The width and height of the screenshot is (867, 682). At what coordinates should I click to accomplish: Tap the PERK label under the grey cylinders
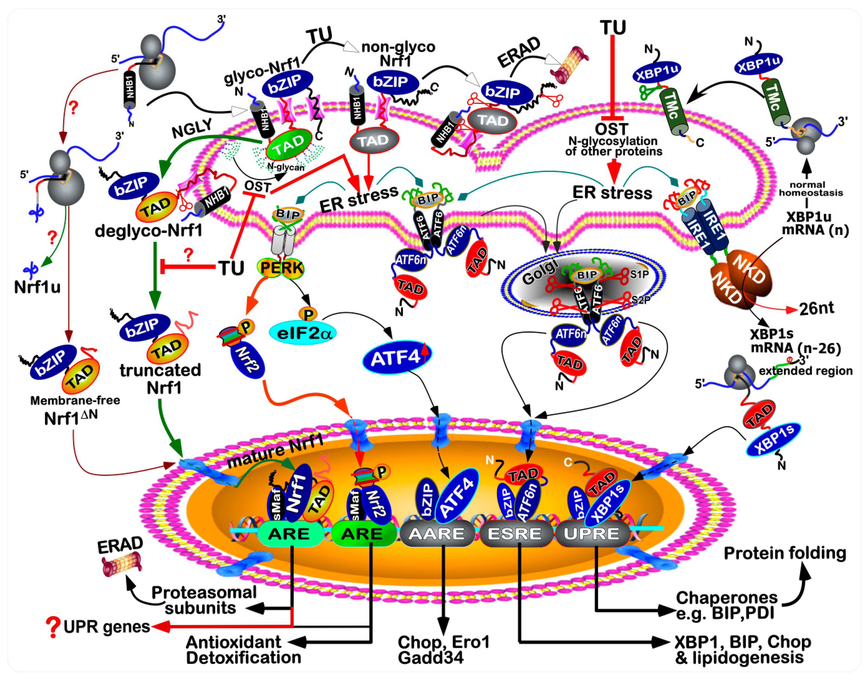[281, 268]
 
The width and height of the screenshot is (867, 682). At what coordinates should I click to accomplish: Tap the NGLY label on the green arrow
[192, 129]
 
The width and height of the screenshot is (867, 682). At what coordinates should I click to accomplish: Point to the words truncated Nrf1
[160, 379]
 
